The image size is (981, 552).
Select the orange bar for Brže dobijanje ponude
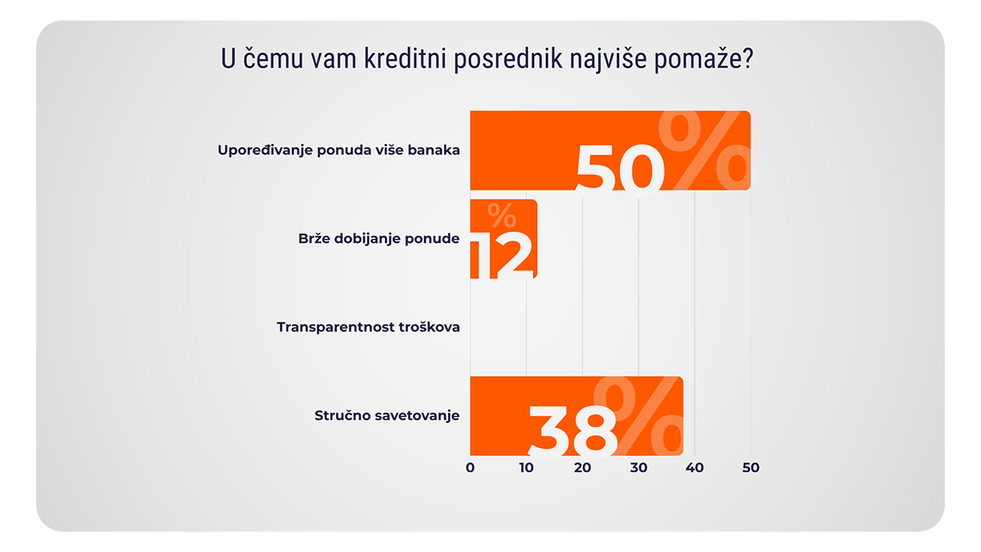503,239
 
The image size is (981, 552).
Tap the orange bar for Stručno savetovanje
499,415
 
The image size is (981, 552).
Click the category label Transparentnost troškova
368,327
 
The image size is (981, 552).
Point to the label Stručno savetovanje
387,415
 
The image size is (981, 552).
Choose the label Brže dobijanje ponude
378,239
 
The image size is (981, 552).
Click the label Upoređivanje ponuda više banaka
338,150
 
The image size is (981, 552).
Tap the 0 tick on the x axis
470,468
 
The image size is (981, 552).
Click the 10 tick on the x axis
526,468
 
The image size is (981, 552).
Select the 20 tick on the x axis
582,468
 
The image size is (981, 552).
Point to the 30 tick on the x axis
638,468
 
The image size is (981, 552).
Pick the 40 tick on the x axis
694,468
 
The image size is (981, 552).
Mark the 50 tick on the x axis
750,468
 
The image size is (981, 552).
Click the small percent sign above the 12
501,216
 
